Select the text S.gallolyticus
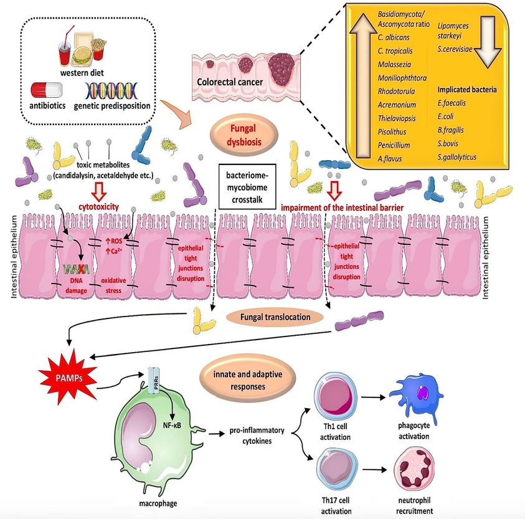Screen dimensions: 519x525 tap(457, 157)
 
